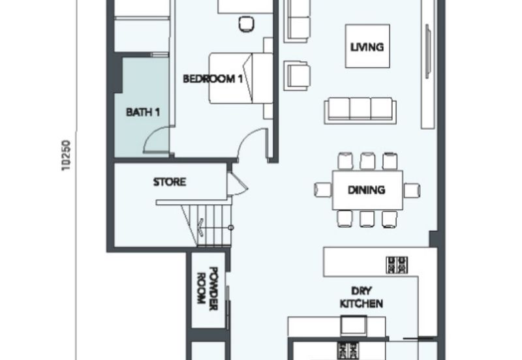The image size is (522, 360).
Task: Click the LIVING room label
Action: [x=367, y=47]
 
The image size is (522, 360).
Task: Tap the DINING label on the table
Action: [x=367, y=190]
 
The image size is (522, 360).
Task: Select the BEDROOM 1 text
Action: [x=213, y=79]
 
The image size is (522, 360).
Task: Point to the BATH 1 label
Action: [x=143, y=112]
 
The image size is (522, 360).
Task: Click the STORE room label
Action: [x=170, y=182]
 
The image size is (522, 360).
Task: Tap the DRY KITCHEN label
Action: [x=361, y=297]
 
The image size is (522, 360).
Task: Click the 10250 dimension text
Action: [x=67, y=155]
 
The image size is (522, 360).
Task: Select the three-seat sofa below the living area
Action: [x=360, y=110]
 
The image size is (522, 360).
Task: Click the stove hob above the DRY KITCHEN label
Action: [x=397, y=265]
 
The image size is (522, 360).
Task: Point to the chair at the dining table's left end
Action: [x=323, y=190]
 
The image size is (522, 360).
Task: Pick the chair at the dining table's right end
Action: [x=412, y=190]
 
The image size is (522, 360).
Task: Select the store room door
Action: [x=238, y=185]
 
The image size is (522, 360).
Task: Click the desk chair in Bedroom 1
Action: [x=247, y=24]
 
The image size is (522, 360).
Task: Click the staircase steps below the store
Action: [x=207, y=225]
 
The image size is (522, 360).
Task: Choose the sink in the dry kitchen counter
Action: [x=354, y=325]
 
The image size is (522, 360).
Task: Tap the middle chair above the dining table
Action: [x=367, y=160]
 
